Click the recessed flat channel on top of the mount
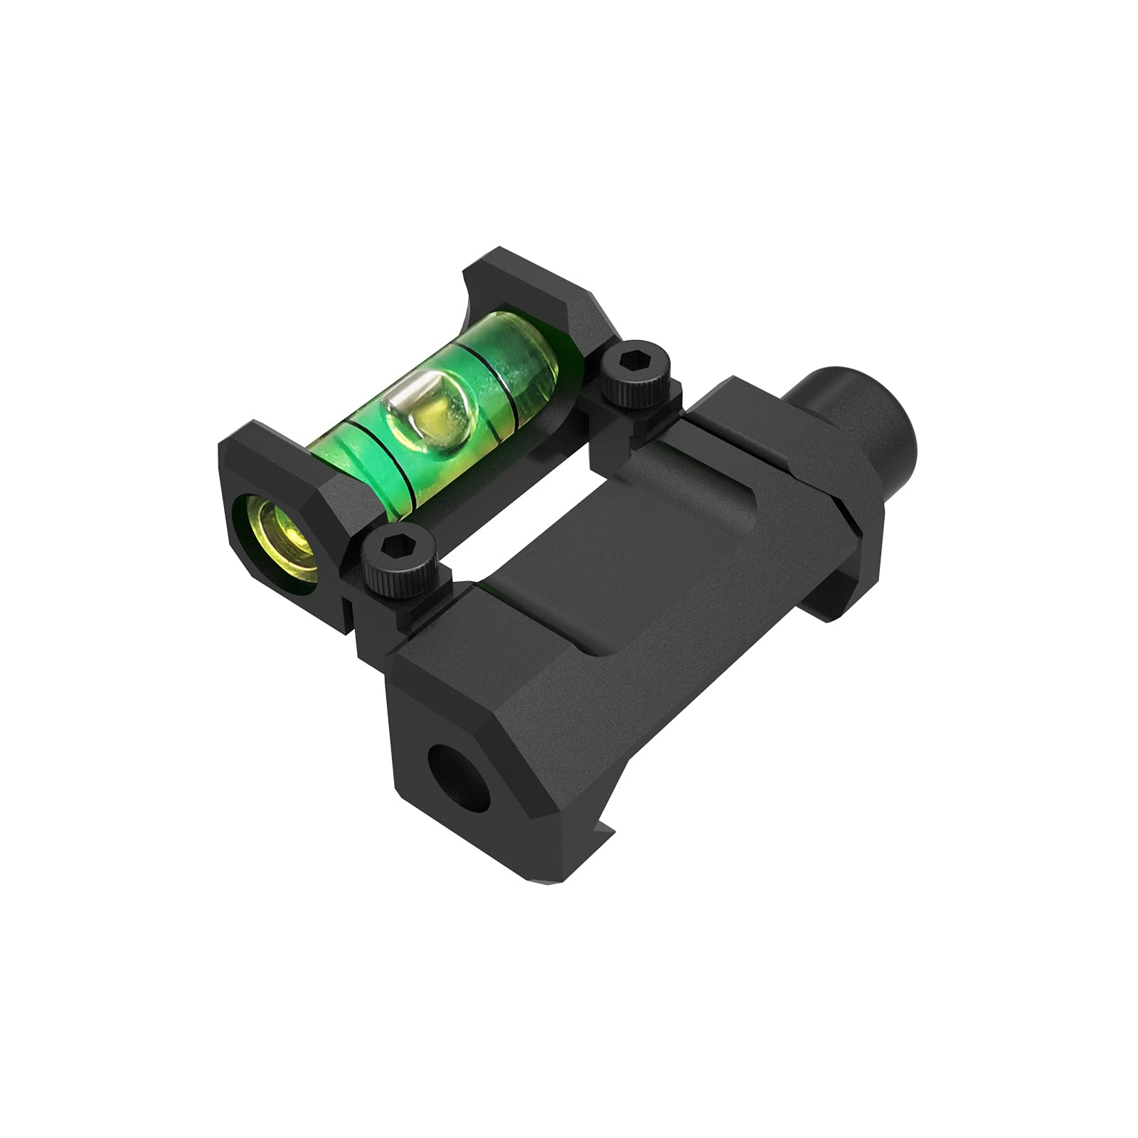569,541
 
